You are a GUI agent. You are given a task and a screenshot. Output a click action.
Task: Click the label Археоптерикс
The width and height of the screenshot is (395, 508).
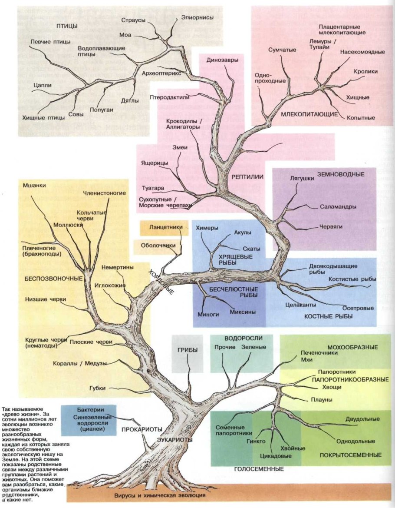coord(161,73)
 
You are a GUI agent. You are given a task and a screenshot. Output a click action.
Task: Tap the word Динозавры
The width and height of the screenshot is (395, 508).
coord(222,60)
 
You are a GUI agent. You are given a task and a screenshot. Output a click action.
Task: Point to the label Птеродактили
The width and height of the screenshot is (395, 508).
coord(170,97)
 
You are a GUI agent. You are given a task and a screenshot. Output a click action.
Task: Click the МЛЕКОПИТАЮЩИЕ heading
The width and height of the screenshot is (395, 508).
coord(309,114)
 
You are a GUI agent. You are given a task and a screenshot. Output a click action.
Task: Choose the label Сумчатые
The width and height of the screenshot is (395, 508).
coord(282,50)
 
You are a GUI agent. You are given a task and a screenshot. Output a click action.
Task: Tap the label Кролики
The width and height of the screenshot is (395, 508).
coord(365,72)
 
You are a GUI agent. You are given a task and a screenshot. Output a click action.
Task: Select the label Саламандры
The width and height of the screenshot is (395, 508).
coord(339,207)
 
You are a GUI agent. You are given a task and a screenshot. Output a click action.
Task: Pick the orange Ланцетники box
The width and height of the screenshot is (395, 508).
coord(164,227)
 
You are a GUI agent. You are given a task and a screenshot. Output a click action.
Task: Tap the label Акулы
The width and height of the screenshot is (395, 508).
coord(243,233)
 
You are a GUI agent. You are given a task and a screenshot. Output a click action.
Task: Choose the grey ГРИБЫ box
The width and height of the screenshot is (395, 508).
coord(187,353)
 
